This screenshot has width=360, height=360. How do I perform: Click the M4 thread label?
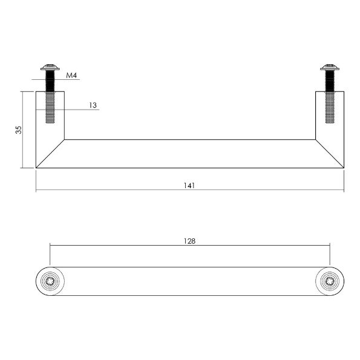[x=72, y=76]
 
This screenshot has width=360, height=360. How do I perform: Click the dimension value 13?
[x=93, y=105]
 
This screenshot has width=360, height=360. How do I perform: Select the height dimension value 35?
[x=19, y=129]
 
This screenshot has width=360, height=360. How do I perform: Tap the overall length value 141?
[x=189, y=185]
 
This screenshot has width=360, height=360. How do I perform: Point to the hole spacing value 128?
[x=189, y=240]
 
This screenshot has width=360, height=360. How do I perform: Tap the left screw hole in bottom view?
[x=50, y=281]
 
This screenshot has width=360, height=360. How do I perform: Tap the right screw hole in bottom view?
[x=330, y=281]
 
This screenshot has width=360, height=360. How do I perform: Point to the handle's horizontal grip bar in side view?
[x=189, y=153]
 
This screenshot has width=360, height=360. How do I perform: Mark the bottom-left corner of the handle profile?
[x=36, y=168]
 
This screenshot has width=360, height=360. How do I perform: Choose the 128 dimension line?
[x=121, y=246]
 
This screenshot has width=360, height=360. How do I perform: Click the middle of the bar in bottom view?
[x=189, y=281]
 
